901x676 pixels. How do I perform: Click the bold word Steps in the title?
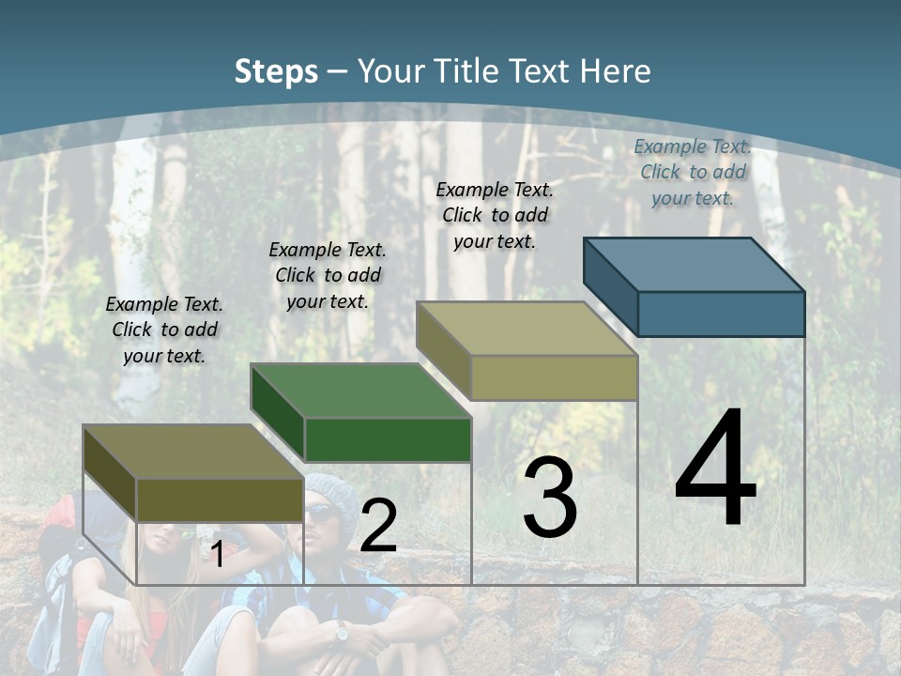pos(275,71)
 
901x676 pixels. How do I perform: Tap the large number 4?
pos(715,469)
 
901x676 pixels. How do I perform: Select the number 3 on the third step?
pos(550,498)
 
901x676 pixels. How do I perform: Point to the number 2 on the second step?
pos(378,526)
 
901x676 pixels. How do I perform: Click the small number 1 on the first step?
pos(217,555)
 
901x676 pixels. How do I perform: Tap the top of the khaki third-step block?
pos(527,329)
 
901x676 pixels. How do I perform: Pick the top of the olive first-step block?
pos(192,452)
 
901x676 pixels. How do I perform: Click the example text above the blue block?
pos(693,172)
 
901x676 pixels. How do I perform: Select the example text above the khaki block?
pos(495,215)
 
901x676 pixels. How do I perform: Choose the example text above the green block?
pos(328,275)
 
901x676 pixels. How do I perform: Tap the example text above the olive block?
pos(164,330)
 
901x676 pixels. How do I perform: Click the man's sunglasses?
pos(322,513)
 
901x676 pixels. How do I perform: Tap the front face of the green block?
pos(388,439)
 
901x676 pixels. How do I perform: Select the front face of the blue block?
pos(721,314)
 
